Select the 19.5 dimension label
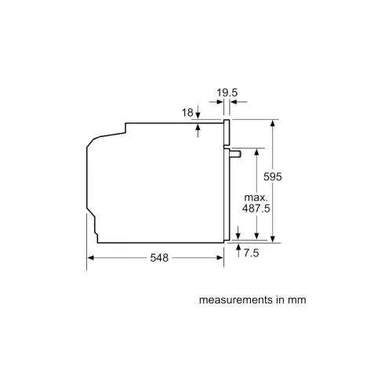227,93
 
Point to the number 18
187,114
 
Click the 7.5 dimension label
252,253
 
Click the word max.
255,197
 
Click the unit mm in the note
296,299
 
